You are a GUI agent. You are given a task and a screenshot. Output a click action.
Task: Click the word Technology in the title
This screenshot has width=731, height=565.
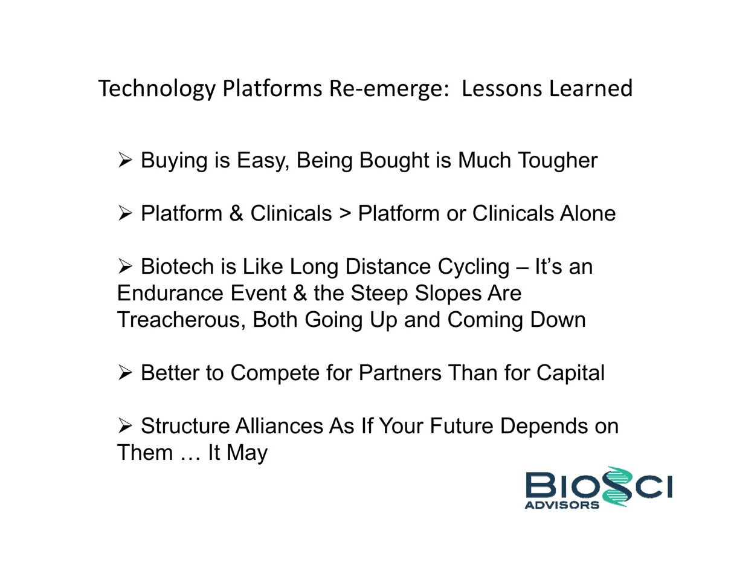click(x=156, y=89)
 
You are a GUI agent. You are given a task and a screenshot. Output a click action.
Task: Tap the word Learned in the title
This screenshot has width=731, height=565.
click(x=590, y=88)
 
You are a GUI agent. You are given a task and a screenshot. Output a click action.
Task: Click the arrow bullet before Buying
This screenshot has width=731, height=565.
click(x=125, y=160)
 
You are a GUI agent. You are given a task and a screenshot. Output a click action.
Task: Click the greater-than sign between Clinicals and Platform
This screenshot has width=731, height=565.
click(x=345, y=214)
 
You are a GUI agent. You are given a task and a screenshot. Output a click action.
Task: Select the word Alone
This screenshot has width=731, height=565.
click(x=588, y=213)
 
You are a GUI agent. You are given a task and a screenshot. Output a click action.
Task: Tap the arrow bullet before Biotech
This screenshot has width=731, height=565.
click(x=125, y=266)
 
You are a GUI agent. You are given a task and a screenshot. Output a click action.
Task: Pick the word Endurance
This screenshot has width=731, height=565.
click(x=170, y=292)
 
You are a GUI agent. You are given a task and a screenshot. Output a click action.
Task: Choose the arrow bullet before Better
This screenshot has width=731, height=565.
click(x=125, y=373)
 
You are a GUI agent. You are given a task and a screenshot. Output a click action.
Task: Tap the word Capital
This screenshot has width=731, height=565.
click(x=570, y=373)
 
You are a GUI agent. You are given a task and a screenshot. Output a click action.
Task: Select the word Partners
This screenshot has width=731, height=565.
click(x=400, y=373)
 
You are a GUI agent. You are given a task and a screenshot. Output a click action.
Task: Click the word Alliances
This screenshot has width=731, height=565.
click(x=279, y=426)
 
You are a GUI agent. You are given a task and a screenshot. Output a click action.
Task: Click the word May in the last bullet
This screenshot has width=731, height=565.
click(x=247, y=454)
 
